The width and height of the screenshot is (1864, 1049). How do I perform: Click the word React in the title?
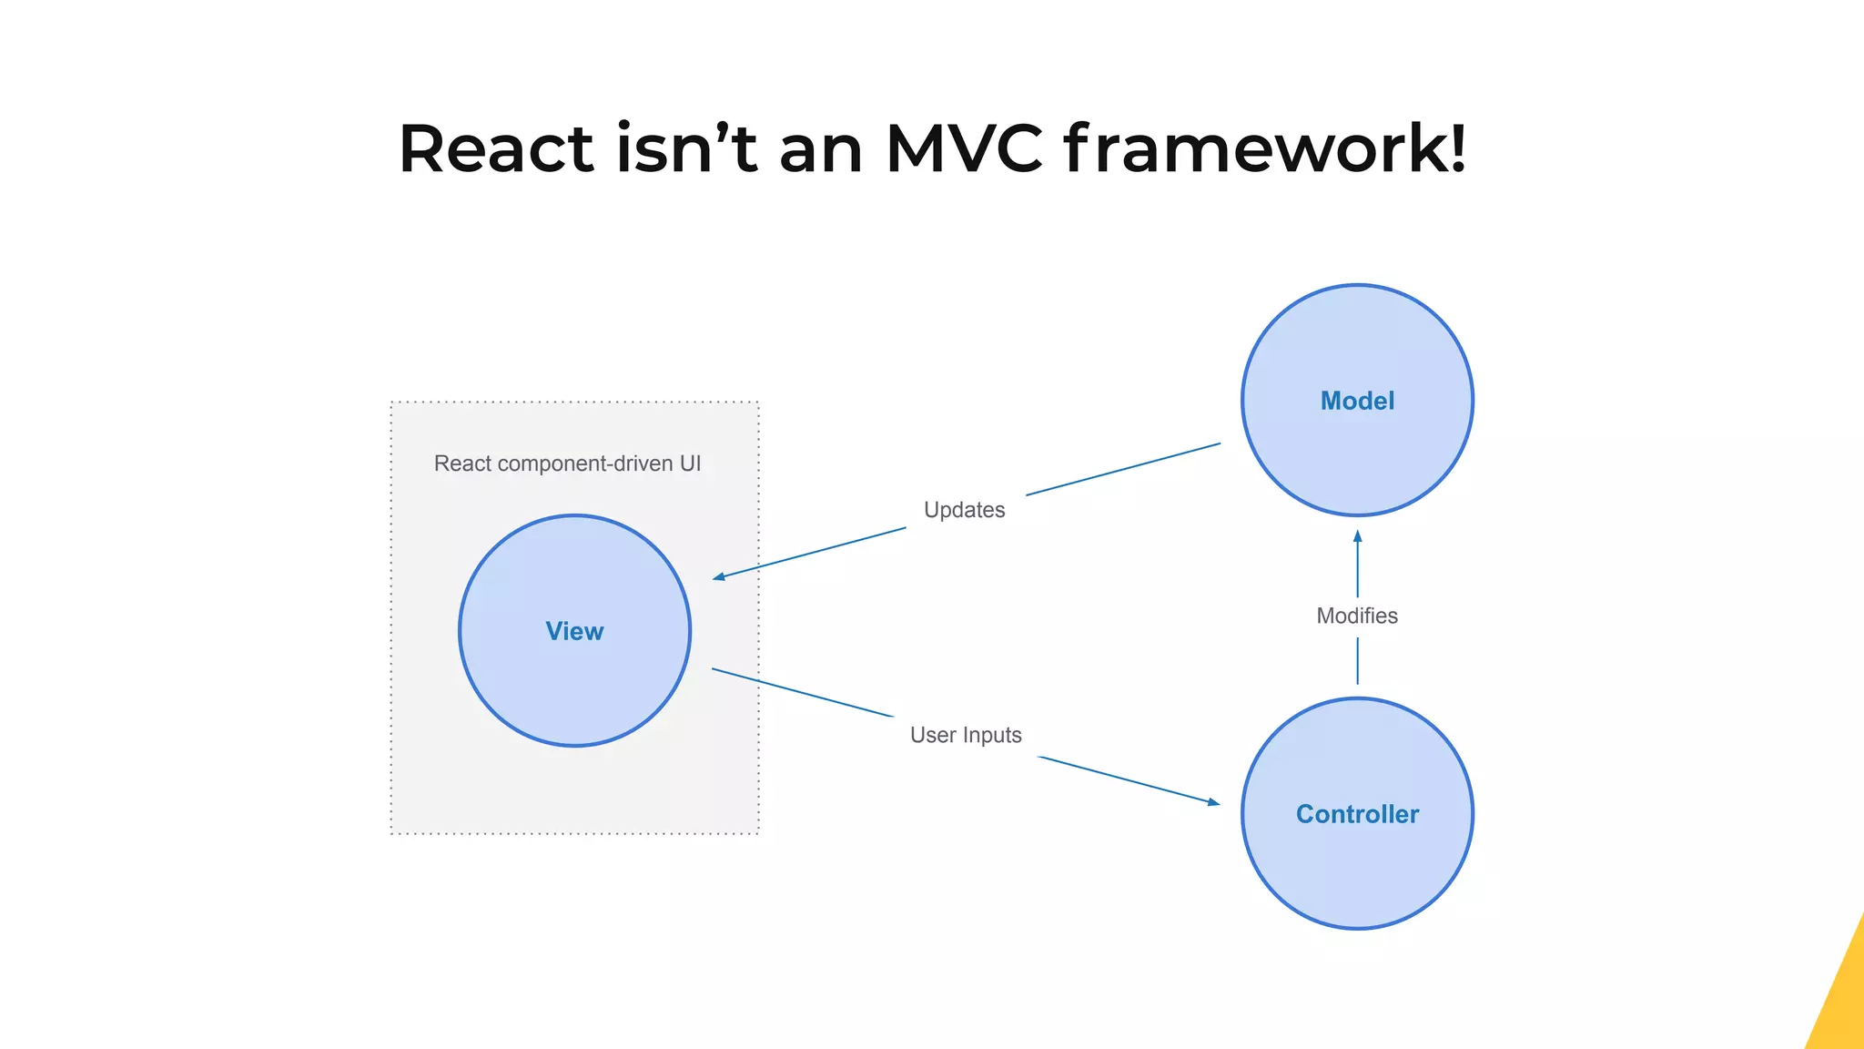point(496,148)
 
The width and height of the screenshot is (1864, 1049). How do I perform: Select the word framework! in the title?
point(1264,148)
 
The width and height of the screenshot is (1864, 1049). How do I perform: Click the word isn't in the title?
point(686,148)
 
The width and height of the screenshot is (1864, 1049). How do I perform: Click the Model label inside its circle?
point(1357,401)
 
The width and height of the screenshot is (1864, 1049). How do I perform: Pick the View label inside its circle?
point(574,631)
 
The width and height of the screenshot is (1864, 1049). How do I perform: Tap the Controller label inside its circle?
point(1357,814)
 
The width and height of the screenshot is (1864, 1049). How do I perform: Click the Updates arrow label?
point(964,510)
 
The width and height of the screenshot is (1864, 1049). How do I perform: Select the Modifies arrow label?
point(1356,616)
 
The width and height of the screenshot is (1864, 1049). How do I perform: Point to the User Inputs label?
point(966,735)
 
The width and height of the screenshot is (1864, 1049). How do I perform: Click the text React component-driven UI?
point(567,463)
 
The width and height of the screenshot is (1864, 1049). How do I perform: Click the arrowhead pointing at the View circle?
point(719,576)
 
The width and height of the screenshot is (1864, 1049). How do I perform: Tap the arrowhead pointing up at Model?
point(1357,536)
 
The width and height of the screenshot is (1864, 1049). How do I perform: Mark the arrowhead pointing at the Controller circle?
point(1212,802)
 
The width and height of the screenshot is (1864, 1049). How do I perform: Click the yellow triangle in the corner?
point(1843,1002)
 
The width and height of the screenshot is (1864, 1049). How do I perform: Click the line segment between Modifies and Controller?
point(1357,661)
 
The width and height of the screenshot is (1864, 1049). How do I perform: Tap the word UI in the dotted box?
point(690,463)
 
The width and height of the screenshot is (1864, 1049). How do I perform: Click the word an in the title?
point(820,148)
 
